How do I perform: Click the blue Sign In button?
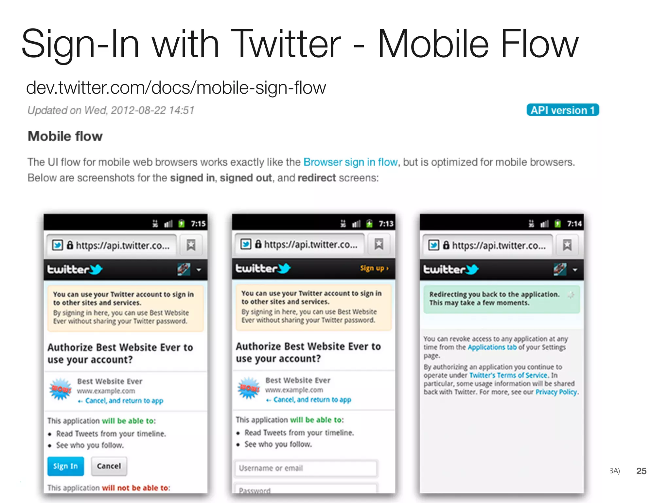[x=65, y=466]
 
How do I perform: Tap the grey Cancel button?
[x=109, y=466]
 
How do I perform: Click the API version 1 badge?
[x=562, y=110]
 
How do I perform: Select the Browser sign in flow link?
[x=350, y=162]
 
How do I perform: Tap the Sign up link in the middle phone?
[x=374, y=269]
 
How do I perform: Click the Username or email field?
[x=306, y=468]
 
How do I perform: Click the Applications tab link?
[x=492, y=347]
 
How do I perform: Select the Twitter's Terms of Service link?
[x=508, y=375]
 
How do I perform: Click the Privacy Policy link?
[x=556, y=392]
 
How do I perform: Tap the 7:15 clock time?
[x=198, y=224]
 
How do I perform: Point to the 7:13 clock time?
[x=386, y=224]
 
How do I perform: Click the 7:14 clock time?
[x=574, y=224]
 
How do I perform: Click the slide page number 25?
[x=641, y=471]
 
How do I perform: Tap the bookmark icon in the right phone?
[x=567, y=245]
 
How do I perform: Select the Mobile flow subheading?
[x=65, y=136]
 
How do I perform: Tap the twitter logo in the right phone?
[x=451, y=270]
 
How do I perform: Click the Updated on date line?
[x=111, y=110]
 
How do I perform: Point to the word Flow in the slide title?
[x=540, y=44]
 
